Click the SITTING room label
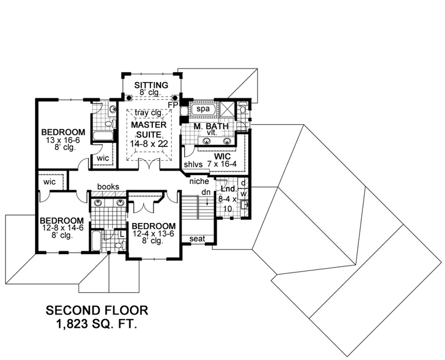pos(151,85)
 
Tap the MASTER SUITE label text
pos(149,130)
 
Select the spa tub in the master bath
pos(203,109)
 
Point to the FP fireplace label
pos(173,105)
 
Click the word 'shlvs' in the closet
pos(193,165)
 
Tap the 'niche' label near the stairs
pos(198,181)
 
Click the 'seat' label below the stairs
pos(197,238)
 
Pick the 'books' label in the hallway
pos(108,187)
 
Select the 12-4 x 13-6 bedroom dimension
pos(153,234)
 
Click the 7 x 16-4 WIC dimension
pos(222,165)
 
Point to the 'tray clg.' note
pos(149,113)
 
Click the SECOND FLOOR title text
pos(97,310)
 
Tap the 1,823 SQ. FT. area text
pos(97,323)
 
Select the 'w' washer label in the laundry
pos(244,193)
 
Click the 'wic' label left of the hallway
pos(49,182)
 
